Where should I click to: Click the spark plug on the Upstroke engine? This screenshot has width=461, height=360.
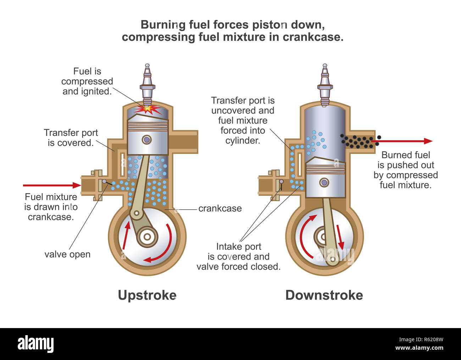tap(148, 84)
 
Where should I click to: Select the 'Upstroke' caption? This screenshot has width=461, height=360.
tap(147, 295)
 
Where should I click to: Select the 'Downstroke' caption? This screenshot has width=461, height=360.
tap(324, 295)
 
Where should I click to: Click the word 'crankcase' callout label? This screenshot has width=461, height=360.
tap(220, 209)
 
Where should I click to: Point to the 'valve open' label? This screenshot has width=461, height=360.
tap(67, 254)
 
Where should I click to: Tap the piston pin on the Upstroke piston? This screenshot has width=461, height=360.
tap(146, 139)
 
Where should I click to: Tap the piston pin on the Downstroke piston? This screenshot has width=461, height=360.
tap(324, 183)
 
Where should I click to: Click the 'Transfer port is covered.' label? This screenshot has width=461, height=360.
tap(71, 138)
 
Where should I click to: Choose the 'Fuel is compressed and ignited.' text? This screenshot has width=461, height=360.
tap(87, 81)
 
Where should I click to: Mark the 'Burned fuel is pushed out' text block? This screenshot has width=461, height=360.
tap(405, 170)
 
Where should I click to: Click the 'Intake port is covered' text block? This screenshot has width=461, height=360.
tap(238, 256)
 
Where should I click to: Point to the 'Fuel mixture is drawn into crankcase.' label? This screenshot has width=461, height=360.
tap(51, 207)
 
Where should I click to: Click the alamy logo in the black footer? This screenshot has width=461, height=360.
tap(35, 344)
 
